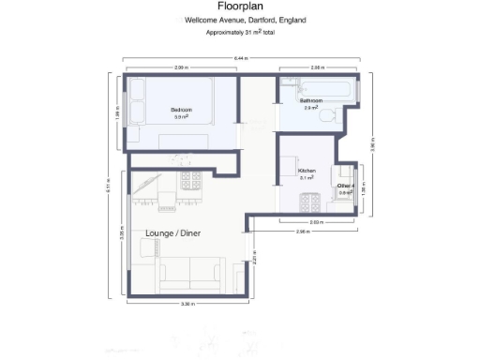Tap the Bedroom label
tap(181, 110)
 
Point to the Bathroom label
tap(311, 99)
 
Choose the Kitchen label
tap(307, 171)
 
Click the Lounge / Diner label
tap(173, 232)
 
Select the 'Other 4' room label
tap(346, 186)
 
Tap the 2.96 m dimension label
tap(302, 231)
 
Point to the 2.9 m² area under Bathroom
tap(311, 108)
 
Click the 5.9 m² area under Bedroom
tap(181, 117)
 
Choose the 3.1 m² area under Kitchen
tap(307, 178)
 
